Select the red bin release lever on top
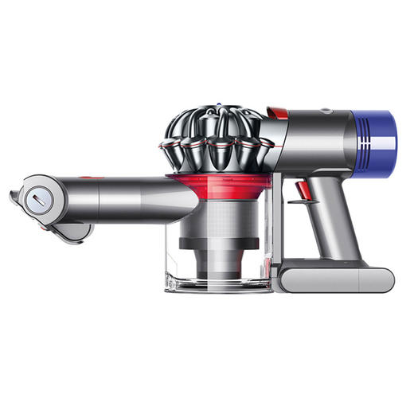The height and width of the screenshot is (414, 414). (x=277, y=113)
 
